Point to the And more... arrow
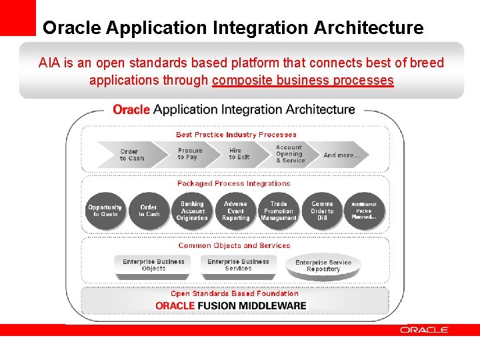[342, 155]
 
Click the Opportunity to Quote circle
[105, 211]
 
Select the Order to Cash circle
[149, 211]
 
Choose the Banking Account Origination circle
[192, 211]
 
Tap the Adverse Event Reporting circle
[235, 211]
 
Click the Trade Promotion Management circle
[279, 211]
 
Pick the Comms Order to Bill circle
[322, 211]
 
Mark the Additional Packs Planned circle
[364, 211]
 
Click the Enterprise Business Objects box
[153, 265]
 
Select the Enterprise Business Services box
[238, 265]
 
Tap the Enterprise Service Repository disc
[323, 266]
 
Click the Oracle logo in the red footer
[424, 330]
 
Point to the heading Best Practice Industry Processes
[236, 135]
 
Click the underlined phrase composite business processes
[303, 81]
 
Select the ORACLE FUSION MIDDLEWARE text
[231, 306]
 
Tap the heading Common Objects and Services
[234, 245]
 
